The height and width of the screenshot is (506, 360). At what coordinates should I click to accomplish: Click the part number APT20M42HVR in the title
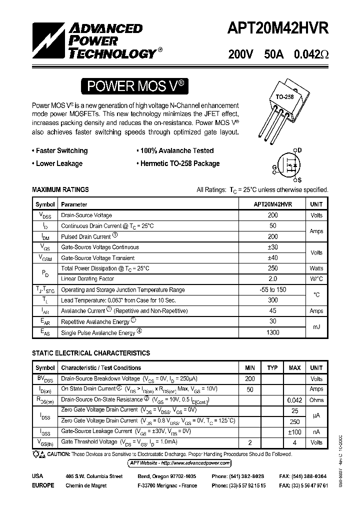(x=278, y=29)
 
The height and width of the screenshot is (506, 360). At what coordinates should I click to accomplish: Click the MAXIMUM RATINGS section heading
(x=60, y=190)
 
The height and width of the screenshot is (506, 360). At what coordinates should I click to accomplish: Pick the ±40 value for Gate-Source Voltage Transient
(x=272, y=258)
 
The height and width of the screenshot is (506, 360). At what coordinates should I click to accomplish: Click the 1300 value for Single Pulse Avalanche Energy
(x=272, y=332)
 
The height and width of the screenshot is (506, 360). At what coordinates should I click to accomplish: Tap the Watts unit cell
(x=316, y=268)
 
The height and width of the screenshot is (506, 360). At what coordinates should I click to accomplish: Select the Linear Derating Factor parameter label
(x=87, y=279)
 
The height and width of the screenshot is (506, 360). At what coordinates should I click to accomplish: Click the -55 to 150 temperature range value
(x=272, y=290)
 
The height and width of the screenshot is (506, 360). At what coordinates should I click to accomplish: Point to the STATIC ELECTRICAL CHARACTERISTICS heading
(x=91, y=353)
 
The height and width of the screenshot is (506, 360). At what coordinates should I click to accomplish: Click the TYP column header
(x=272, y=368)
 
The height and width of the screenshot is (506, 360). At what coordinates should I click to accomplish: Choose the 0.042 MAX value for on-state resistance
(x=294, y=400)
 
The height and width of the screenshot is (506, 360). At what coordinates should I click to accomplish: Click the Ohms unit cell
(x=316, y=400)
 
